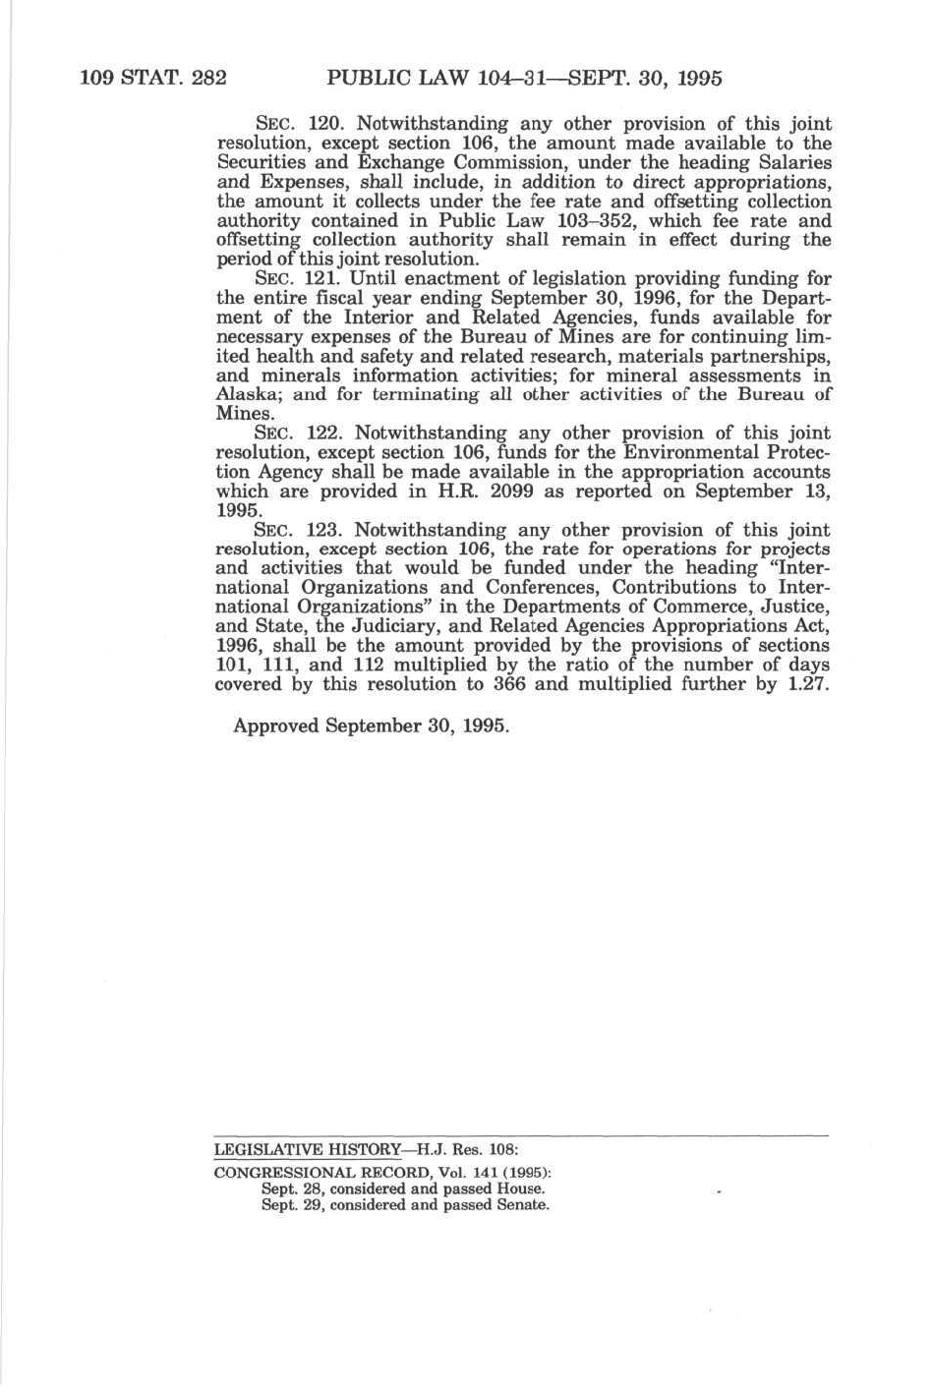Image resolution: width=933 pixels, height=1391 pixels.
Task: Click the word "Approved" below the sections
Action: [x=276, y=726]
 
